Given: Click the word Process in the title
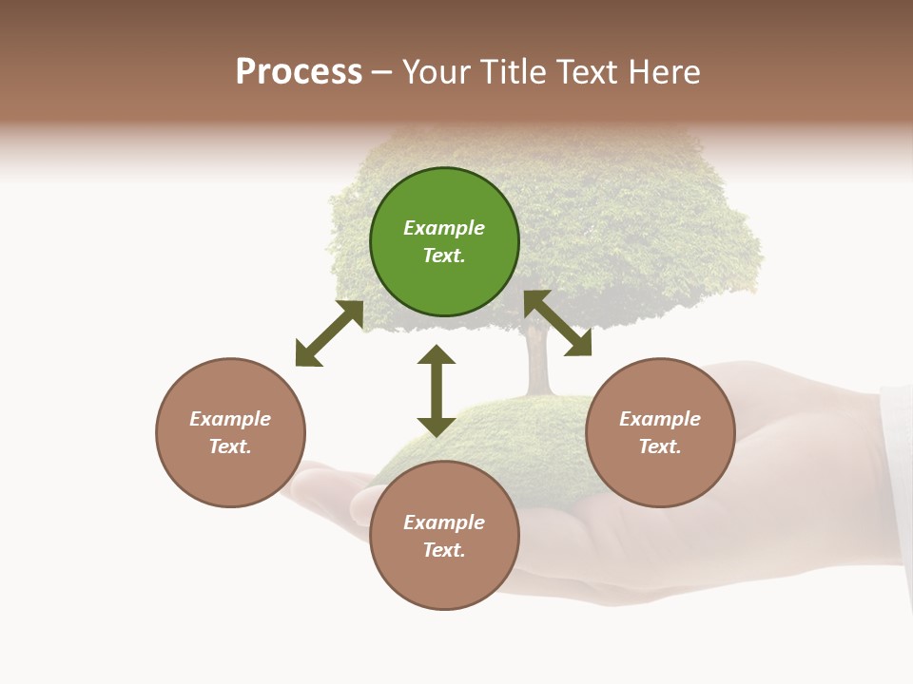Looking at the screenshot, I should coord(299,72).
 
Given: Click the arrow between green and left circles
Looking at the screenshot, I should coord(330,333).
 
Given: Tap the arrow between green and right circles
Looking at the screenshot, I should coord(558,324).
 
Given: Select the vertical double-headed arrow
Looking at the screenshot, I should coord(437,390).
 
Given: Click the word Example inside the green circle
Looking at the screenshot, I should coord(444,228).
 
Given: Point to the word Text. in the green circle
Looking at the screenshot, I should coord(444,256).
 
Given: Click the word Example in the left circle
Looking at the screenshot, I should coord(230,419).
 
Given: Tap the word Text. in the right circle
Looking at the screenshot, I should coord(660,446).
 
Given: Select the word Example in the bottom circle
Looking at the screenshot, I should coord(444,522).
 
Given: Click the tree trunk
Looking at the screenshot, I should coord(538,366).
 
